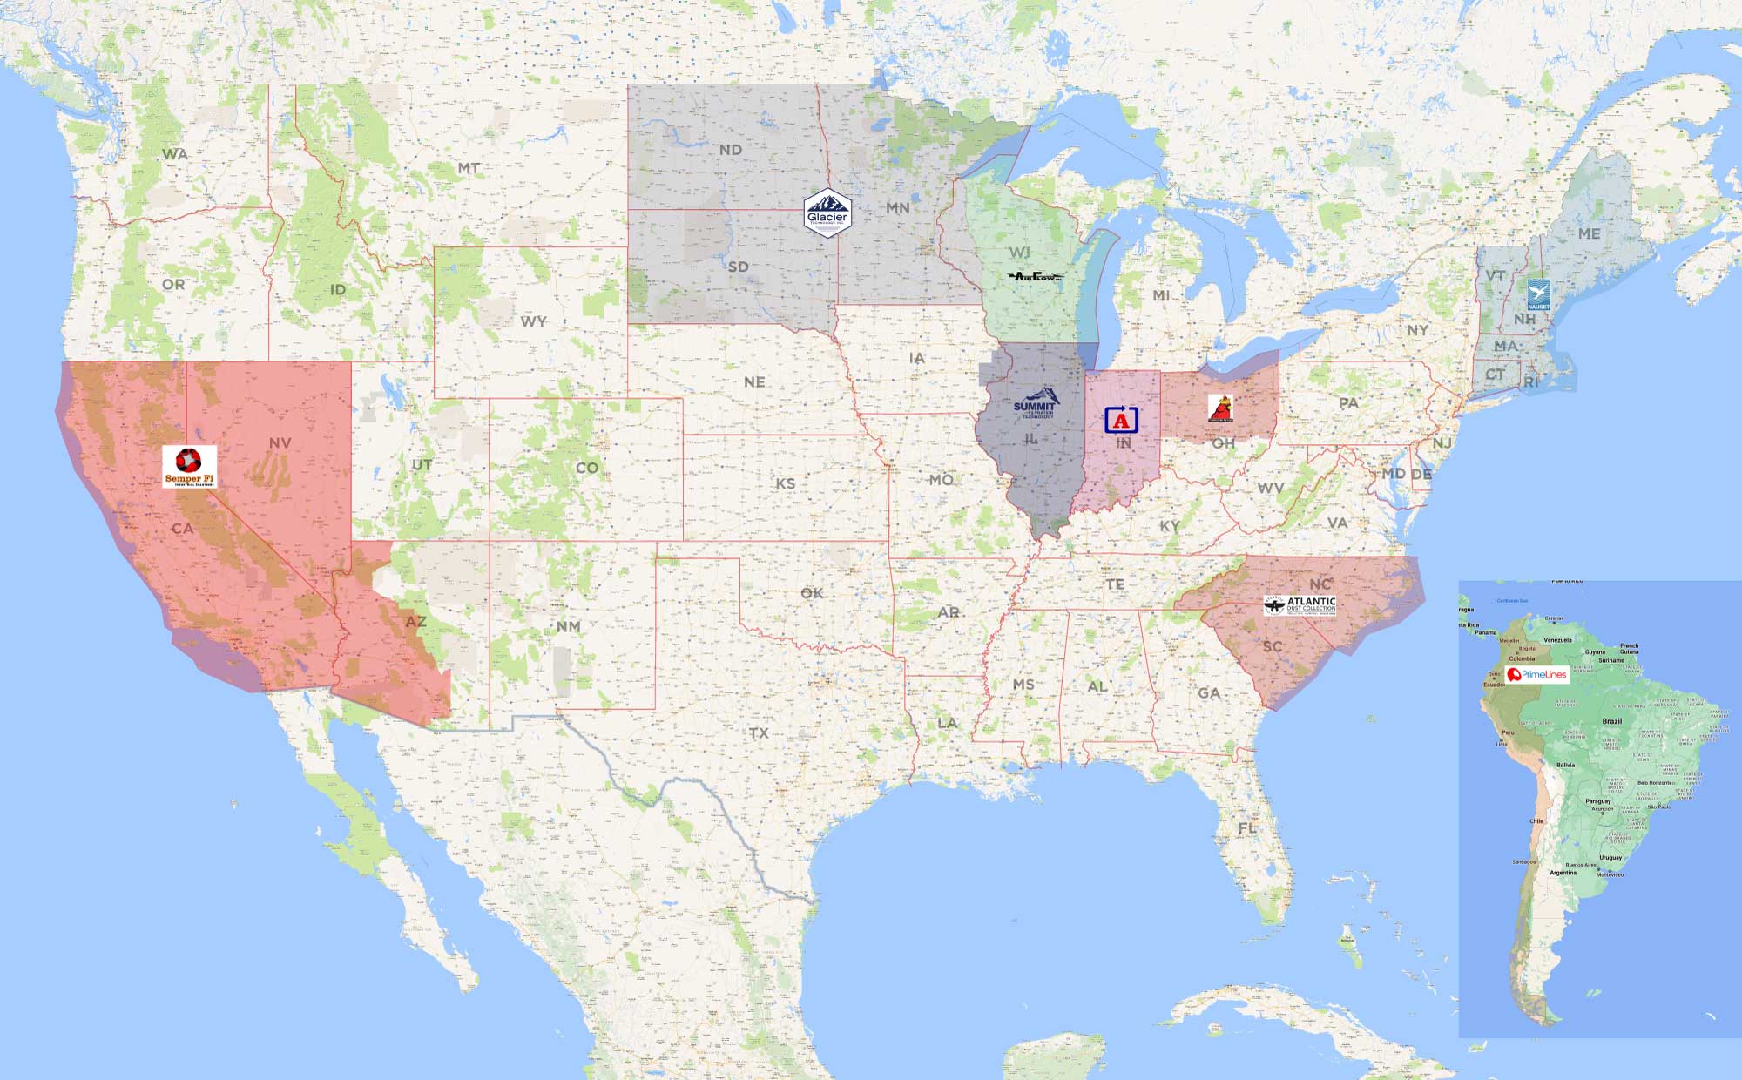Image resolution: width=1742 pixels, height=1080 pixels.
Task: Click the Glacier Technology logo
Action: point(827,213)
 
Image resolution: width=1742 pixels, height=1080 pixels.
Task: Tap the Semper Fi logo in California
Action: point(189,466)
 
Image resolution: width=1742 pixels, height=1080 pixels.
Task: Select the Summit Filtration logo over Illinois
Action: point(1035,405)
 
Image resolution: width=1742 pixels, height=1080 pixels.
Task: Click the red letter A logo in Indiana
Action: point(1121,420)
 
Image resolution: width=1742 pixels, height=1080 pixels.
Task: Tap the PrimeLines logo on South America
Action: point(1537,674)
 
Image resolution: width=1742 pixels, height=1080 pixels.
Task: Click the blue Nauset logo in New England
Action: point(1538,294)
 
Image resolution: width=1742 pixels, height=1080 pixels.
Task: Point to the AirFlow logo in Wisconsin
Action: point(1036,277)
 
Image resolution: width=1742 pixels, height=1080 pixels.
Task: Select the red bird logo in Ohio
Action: point(1221,408)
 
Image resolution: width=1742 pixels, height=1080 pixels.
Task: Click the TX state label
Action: point(759,732)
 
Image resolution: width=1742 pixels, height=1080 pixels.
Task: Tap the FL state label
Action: point(1247,827)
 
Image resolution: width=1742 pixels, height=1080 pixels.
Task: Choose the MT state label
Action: point(469,168)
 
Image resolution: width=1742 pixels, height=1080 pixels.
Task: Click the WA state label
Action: point(174,154)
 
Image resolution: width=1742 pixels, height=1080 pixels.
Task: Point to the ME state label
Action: point(1589,233)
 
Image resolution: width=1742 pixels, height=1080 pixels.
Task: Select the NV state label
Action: point(280,442)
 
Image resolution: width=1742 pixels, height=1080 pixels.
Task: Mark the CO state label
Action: point(587,468)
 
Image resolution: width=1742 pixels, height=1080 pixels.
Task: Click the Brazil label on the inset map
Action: point(1611,721)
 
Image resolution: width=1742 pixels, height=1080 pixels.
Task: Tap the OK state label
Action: point(812,593)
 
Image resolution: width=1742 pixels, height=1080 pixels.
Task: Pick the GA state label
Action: point(1209,693)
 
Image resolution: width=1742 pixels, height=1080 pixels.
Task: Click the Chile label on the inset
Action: point(1536,820)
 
